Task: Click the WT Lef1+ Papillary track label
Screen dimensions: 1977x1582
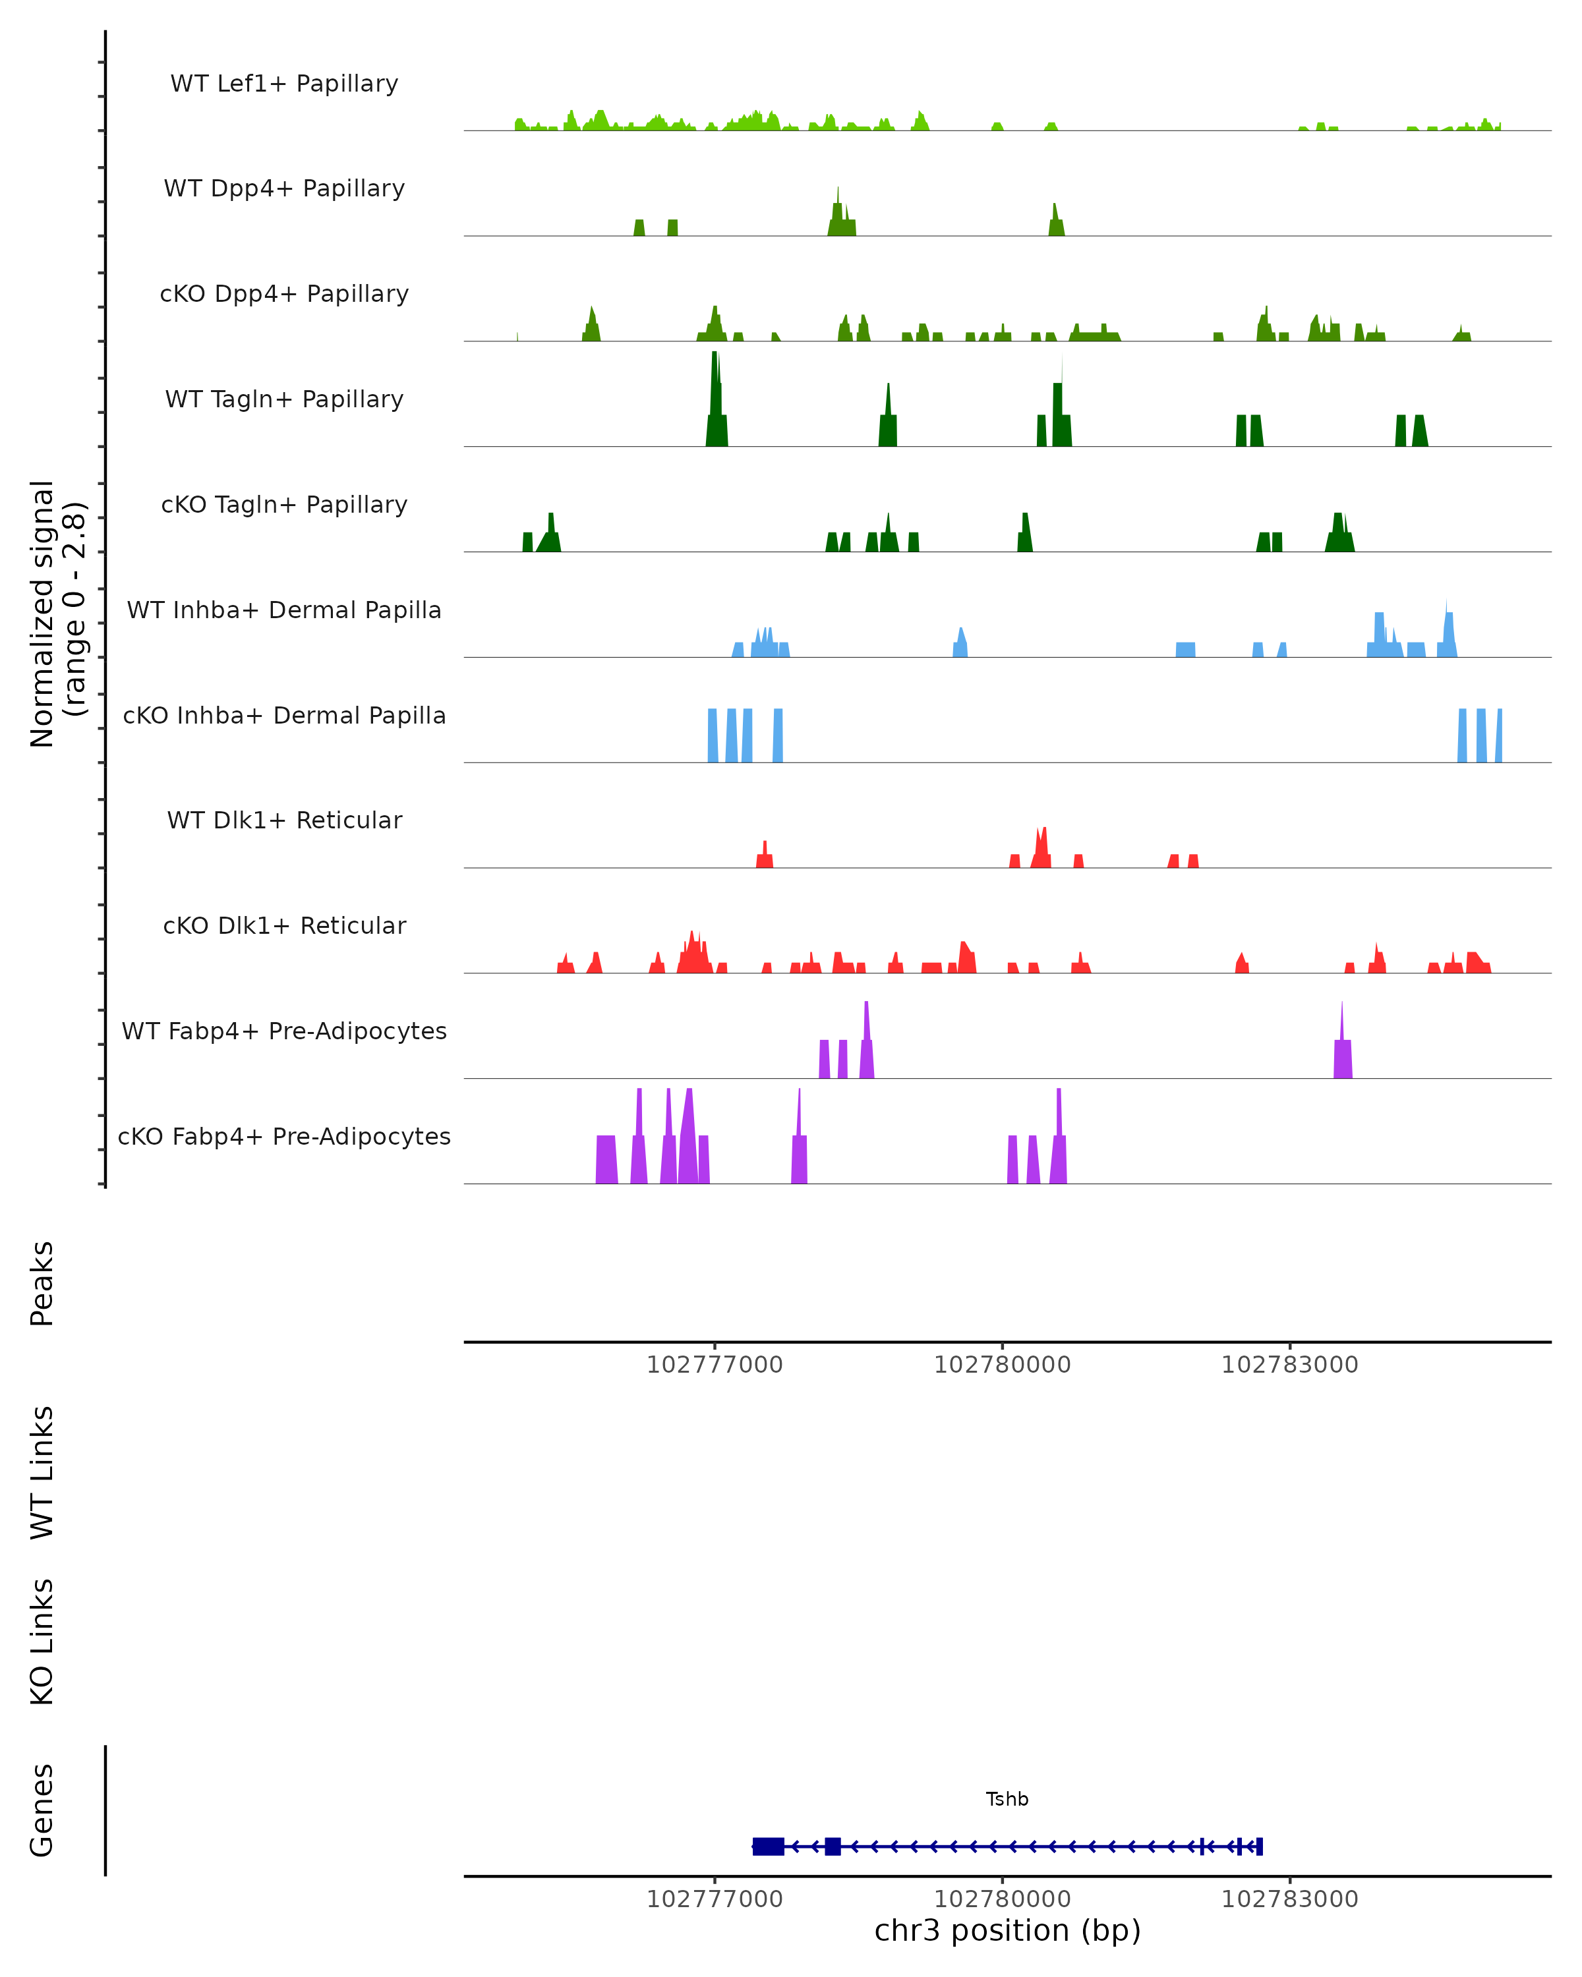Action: pos(284,84)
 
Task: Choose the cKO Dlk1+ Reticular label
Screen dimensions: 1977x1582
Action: pos(284,925)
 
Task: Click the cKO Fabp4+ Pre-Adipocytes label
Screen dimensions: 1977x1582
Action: pos(284,1136)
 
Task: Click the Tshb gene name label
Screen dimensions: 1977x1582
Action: pos(1007,1799)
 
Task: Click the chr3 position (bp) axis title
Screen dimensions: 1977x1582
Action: pos(1007,1931)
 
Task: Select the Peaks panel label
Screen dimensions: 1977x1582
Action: pos(42,1284)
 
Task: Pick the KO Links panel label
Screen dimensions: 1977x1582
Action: pos(42,1642)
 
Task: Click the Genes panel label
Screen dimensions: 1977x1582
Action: pos(42,1810)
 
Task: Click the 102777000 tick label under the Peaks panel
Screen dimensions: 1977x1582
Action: pos(715,1365)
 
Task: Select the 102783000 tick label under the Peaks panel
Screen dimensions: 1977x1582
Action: pos(1289,1365)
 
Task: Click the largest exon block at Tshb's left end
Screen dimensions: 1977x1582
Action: pos(769,1847)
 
